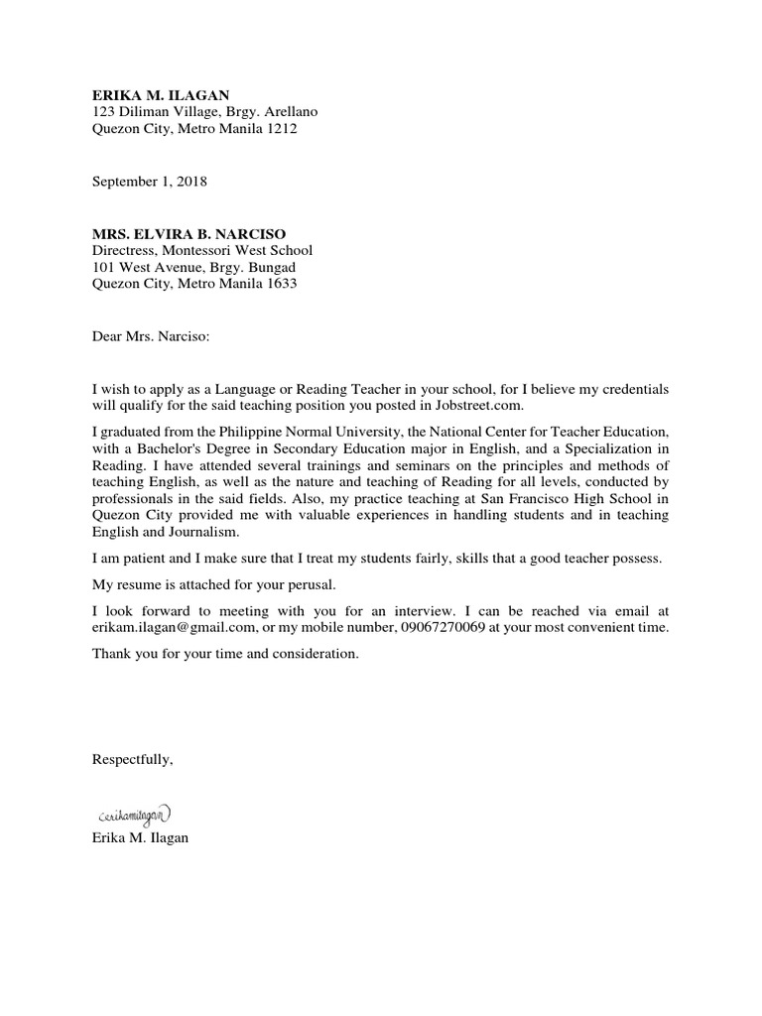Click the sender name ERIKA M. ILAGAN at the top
(x=161, y=94)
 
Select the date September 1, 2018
(x=150, y=182)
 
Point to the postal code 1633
(x=280, y=284)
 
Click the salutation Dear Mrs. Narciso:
(x=151, y=336)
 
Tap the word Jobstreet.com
(x=480, y=406)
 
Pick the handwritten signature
(x=134, y=815)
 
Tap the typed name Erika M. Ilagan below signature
(x=139, y=838)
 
